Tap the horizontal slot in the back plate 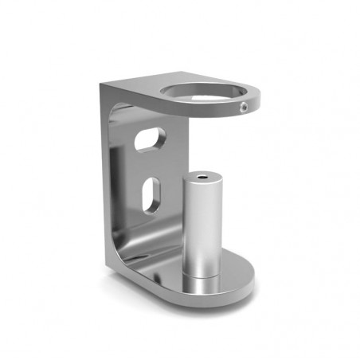(150, 139)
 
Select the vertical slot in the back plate (150, 195)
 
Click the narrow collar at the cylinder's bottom (202, 273)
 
